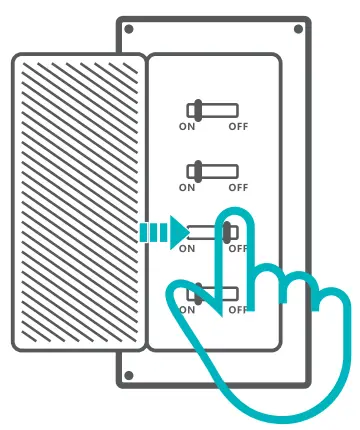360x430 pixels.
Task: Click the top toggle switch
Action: point(212,110)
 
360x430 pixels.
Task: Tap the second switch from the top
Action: point(212,171)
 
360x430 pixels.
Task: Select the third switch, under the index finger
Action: point(212,232)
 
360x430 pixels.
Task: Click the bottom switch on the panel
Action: point(212,294)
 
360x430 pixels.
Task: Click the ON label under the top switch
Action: point(188,127)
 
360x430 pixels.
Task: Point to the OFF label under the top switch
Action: point(237,127)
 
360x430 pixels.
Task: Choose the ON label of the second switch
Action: point(188,188)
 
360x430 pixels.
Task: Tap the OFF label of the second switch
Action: point(237,188)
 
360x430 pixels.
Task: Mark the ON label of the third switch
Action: point(188,249)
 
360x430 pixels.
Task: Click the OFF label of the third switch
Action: point(237,249)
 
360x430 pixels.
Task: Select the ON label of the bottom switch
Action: point(188,310)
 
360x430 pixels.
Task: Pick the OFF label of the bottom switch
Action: point(237,310)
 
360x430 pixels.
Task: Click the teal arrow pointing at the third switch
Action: point(162,233)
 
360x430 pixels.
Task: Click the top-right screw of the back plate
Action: point(298,30)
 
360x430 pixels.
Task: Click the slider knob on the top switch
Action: point(198,110)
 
